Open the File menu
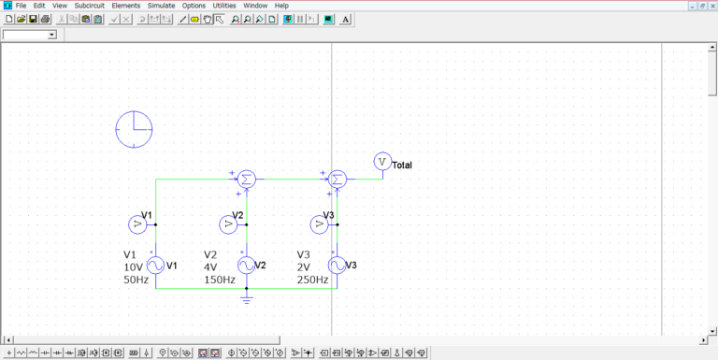pyautogui.click(x=21, y=6)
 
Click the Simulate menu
pyautogui.click(x=161, y=6)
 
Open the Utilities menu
pyautogui.click(x=224, y=6)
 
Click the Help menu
pyautogui.click(x=281, y=6)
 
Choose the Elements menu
pyautogui.click(x=125, y=6)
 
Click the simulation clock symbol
pyautogui.click(x=134, y=129)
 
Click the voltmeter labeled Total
pyautogui.click(x=381, y=162)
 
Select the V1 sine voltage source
pyautogui.click(x=154, y=266)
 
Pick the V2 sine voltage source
pyautogui.click(x=246, y=266)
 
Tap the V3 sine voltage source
pyautogui.click(x=337, y=266)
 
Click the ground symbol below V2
pyautogui.click(x=246, y=298)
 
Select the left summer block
pyautogui.click(x=246, y=180)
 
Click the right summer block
pyautogui.click(x=337, y=180)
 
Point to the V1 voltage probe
pyautogui.click(x=136, y=224)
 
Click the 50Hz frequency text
pyautogui.click(x=136, y=280)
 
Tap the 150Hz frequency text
pyautogui.click(x=220, y=280)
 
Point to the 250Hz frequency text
pyautogui.click(x=312, y=280)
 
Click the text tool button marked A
pyautogui.click(x=346, y=19)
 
